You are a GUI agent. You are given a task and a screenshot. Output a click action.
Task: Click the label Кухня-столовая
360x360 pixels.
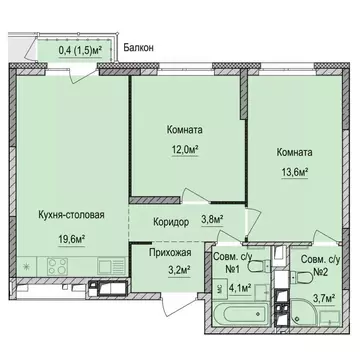[69, 212]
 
